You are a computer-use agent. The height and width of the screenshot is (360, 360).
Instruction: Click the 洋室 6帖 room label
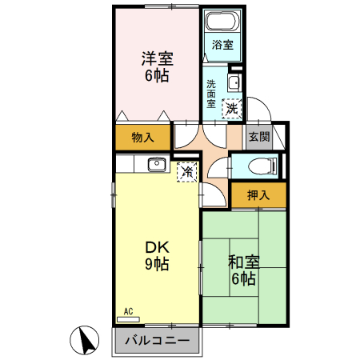[158, 67]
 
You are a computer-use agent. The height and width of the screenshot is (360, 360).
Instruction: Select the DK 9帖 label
[156, 254]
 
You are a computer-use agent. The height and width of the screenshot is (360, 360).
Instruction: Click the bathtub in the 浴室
[221, 22]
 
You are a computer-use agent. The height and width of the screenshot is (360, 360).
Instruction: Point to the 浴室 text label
[222, 45]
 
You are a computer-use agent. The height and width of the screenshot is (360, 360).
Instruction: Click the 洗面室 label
[211, 93]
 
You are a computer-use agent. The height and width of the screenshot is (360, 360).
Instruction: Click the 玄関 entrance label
[258, 137]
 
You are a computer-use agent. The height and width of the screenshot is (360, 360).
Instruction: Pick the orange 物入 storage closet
[142, 138]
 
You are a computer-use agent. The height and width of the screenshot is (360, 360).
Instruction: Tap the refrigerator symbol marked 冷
[186, 171]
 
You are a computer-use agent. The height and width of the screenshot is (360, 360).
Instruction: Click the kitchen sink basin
[156, 166]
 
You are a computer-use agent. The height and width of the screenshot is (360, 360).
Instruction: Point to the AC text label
[129, 310]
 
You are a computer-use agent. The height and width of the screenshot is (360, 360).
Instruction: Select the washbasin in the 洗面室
[234, 83]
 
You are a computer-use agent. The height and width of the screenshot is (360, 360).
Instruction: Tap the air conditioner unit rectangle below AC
[128, 319]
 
